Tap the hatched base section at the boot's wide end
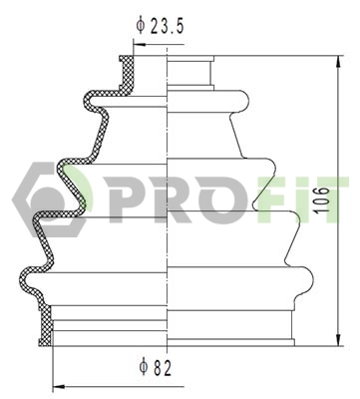click(x=45, y=328)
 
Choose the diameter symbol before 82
click(x=146, y=367)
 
